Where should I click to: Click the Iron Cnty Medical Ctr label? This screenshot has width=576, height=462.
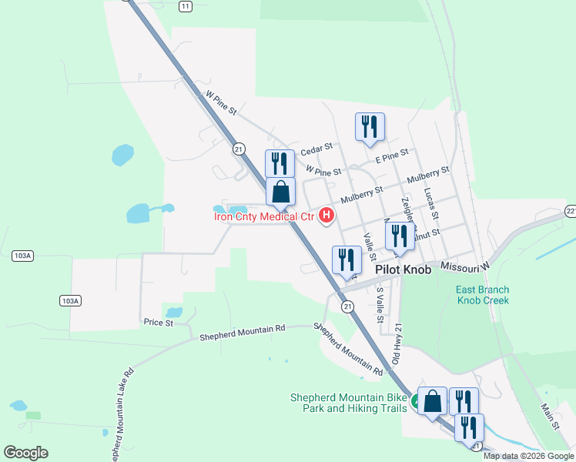click(264, 216)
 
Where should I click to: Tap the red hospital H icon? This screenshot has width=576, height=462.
click(327, 216)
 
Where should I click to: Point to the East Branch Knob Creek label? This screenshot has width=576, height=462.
click(482, 295)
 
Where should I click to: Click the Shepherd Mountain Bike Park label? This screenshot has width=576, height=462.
click(348, 403)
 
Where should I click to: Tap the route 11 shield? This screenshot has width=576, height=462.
click(184, 6)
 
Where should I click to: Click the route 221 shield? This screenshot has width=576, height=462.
click(571, 210)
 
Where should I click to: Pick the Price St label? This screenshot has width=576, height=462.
click(159, 322)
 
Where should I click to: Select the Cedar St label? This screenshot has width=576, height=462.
click(316, 146)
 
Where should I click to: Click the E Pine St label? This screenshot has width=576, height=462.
click(391, 156)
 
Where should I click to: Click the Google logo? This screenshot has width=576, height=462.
click(25, 453)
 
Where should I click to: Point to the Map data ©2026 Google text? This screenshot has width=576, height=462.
click(528, 456)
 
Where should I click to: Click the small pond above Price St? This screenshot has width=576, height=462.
click(175, 313)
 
